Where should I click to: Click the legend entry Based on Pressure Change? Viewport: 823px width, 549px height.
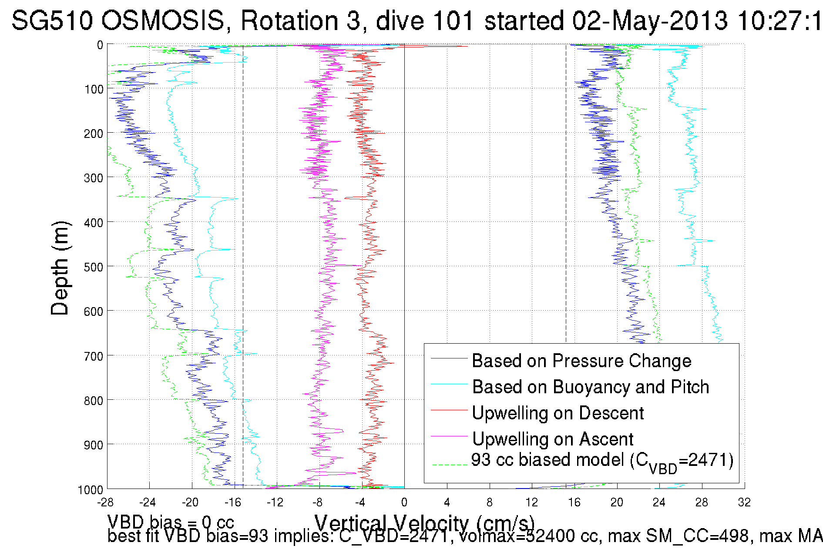[581, 361]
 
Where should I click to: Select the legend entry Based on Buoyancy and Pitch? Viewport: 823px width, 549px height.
[591, 387]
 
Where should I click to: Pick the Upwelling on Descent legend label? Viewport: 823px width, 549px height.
[558, 413]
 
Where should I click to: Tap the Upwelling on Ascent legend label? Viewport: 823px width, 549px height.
[553, 439]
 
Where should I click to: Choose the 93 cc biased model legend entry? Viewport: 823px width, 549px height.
[602, 461]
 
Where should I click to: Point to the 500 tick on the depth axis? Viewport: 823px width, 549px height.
[93, 267]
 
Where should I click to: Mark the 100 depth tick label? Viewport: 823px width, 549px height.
[93, 89]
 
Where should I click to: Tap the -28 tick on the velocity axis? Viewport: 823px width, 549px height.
[105, 502]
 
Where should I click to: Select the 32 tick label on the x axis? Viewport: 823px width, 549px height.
[744, 502]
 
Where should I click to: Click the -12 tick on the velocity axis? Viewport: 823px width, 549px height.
[275, 502]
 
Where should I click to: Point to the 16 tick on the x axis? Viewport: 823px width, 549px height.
[574, 502]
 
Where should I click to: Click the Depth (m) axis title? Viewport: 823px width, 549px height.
[60, 268]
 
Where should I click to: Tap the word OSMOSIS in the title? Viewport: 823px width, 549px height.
[163, 20]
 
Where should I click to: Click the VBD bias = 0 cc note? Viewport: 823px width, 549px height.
[171, 522]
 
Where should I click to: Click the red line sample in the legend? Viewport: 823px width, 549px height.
[449, 410]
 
